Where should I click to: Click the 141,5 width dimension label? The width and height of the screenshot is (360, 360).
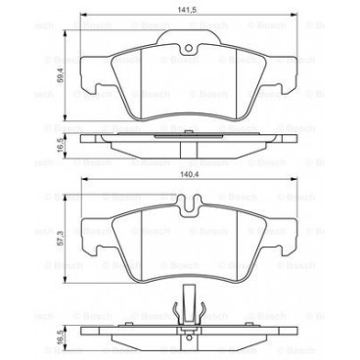(180, 10)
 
